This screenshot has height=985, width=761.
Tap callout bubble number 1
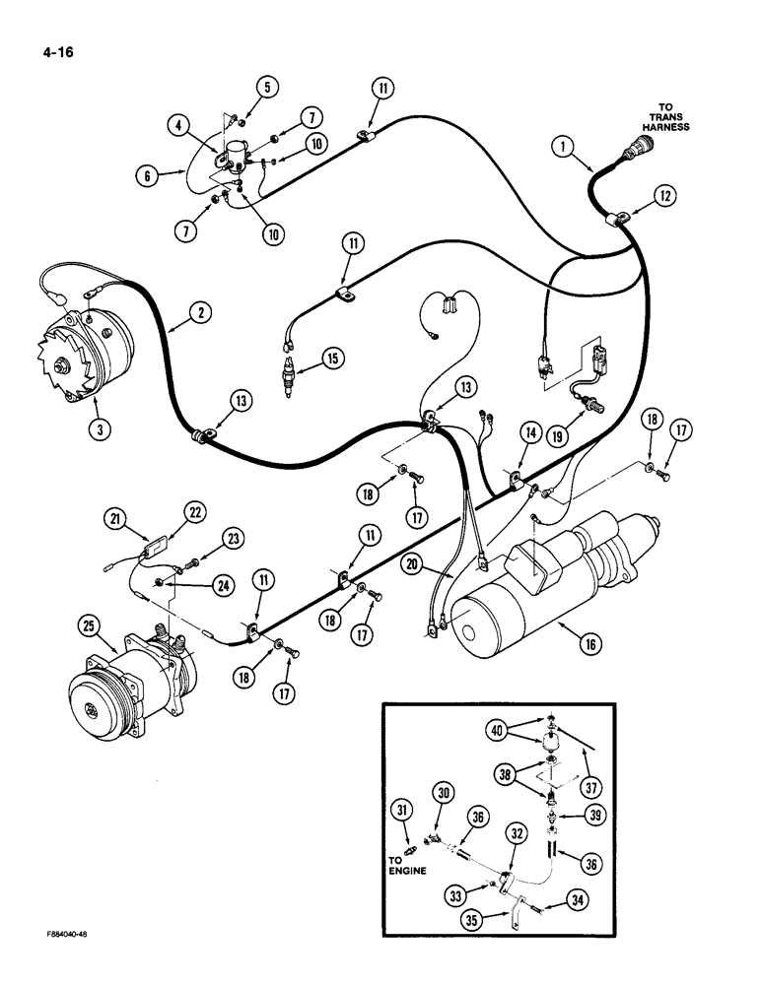coord(563,147)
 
